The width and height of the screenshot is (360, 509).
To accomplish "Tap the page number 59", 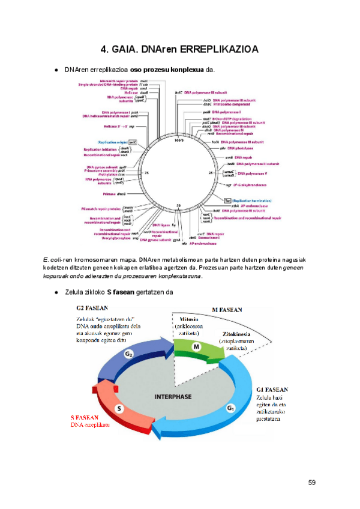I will click(x=312, y=483).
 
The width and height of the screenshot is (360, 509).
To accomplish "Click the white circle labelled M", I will click(x=195, y=347).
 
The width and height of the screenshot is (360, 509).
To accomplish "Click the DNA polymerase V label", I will click(x=253, y=173).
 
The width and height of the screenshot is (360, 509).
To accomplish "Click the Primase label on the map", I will click(x=110, y=194).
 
